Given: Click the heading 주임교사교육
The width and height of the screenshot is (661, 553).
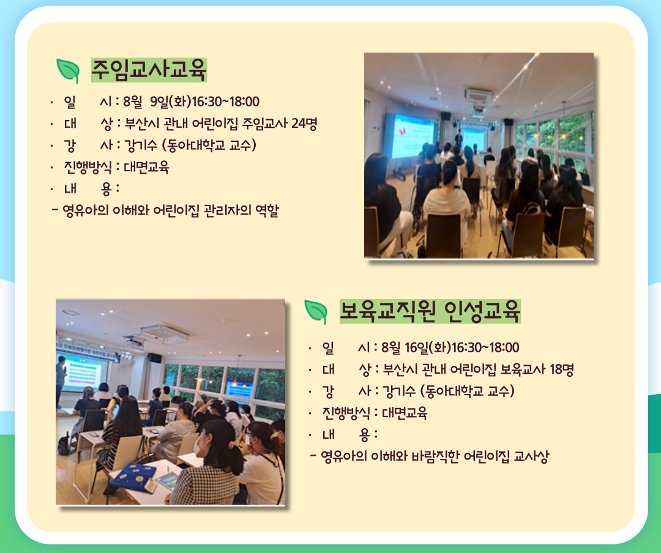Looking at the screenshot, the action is (x=149, y=70).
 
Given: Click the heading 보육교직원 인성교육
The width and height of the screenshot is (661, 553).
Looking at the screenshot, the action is (x=430, y=311).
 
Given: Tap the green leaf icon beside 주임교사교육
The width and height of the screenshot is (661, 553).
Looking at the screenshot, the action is (x=68, y=70).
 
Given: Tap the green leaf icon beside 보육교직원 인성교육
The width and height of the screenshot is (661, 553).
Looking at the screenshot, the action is (x=316, y=312).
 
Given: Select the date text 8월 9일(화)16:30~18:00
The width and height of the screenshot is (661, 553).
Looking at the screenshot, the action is (x=191, y=102).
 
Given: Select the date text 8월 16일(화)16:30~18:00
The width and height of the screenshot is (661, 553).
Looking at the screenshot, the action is (x=450, y=347).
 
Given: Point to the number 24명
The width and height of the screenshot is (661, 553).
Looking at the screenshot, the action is (x=304, y=124).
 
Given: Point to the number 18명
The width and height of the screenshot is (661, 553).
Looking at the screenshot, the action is (x=561, y=369).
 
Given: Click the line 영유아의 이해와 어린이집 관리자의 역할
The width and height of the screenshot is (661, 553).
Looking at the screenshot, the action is (x=170, y=210).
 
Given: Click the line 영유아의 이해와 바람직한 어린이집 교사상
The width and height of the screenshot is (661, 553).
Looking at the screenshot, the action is (x=435, y=456).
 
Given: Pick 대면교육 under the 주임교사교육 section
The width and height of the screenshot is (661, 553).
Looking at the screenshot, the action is (x=146, y=167).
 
